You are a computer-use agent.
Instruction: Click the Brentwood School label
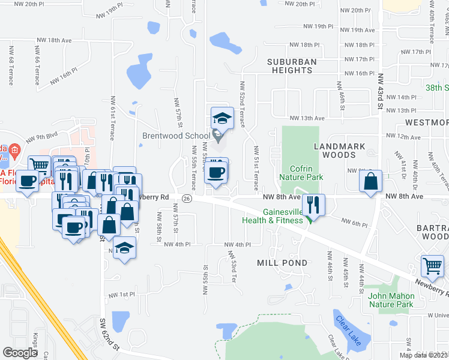[x=176, y=136]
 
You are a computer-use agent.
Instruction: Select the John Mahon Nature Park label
[x=390, y=300]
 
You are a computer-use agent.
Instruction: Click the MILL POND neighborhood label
[x=282, y=263]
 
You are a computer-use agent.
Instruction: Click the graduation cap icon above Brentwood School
[x=221, y=118]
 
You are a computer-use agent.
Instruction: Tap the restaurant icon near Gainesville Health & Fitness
[x=312, y=205]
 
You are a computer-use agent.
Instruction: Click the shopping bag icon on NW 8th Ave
[x=372, y=181]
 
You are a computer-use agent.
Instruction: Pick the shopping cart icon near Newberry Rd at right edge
[x=432, y=265]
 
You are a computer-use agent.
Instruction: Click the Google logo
[x=20, y=353]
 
